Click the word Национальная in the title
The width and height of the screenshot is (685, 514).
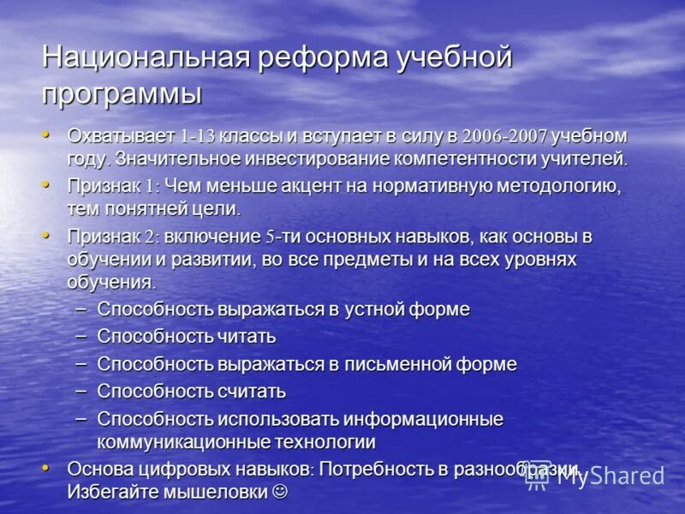coord(145,59)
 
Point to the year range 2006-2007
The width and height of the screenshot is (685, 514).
coord(504,136)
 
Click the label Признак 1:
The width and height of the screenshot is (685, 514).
coord(113,186)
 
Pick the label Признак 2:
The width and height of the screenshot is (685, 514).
coord(113,236)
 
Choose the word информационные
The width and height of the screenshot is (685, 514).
coord(423,420)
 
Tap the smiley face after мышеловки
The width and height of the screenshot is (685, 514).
coord(279,493)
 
